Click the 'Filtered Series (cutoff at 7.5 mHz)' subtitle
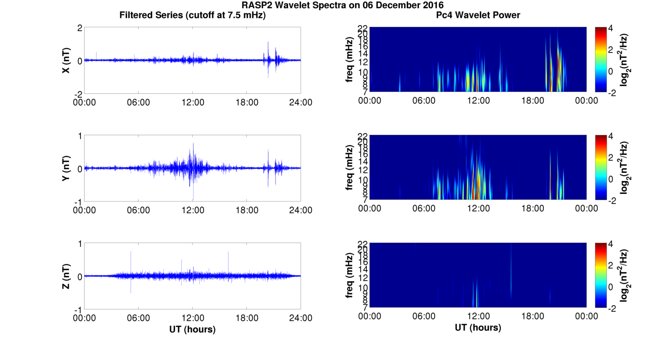(192, 16)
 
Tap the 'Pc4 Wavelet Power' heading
(478, 16)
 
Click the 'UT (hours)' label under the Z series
(192, 329)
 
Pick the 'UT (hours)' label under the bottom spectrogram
(478, 328)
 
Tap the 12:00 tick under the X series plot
(192, 102)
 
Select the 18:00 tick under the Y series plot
(247, 210)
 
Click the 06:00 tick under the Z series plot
(138, 318)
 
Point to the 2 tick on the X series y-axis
(80, 28)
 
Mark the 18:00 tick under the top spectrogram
(532, 101)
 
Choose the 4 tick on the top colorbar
(612, 28)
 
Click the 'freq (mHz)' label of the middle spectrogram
(350, 167)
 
